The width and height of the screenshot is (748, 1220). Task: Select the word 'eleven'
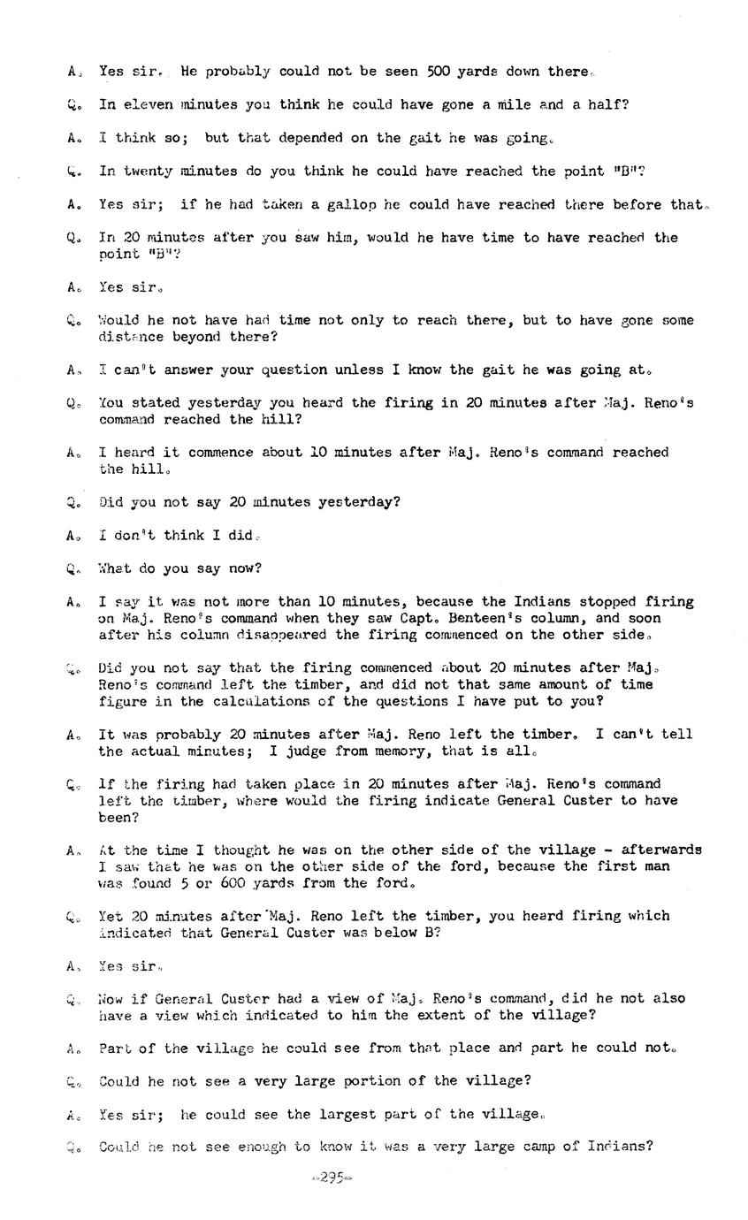point(148,104)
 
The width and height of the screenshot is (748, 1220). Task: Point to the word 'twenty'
point(148,171)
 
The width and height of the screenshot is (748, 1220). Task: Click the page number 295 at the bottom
point(332,1178)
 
